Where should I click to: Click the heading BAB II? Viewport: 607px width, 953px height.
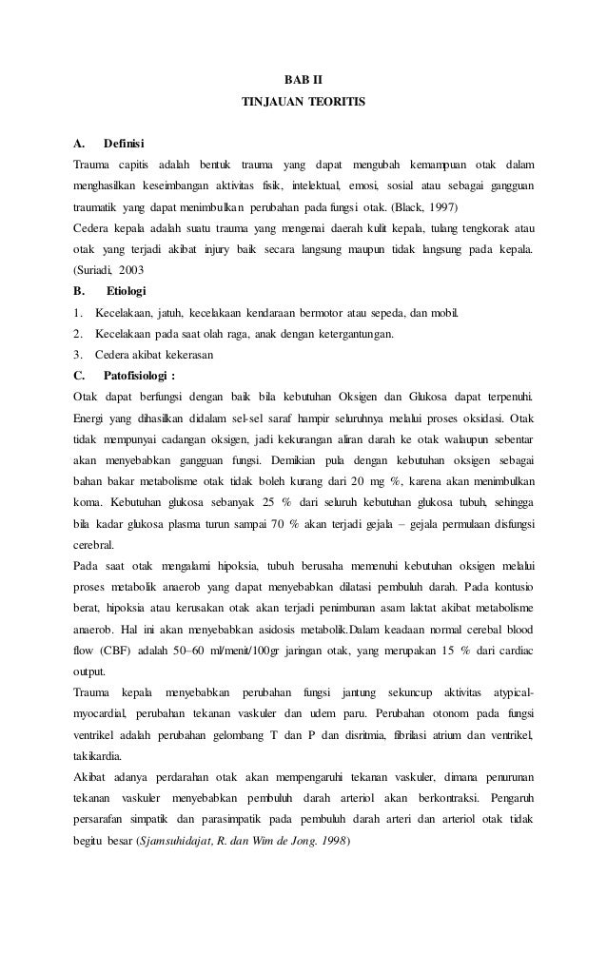(x=303, y=77)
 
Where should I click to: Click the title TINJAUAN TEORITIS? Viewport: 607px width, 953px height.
(x=303, y=100)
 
